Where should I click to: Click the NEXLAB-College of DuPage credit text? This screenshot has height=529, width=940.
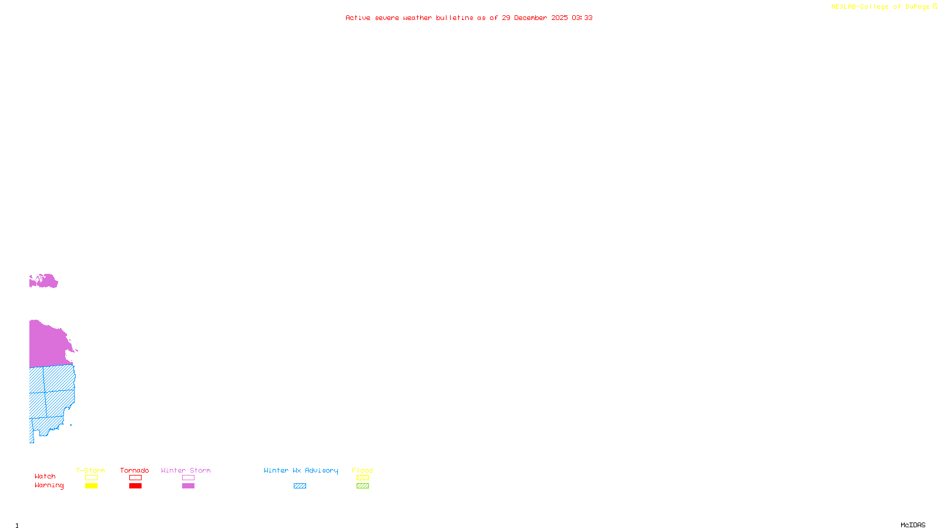click(x=880, y=7)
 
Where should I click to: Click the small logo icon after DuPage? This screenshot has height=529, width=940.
click(x=935, y=6)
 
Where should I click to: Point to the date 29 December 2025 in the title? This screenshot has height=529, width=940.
click(x=535, y=18)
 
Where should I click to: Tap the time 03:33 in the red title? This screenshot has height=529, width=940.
click(x=582, y=18)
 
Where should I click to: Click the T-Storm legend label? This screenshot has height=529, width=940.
click(x=90, y=470)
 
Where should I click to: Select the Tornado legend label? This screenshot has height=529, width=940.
click(x=135, y=470)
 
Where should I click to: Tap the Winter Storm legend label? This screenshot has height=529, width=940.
click(x=186, y=470)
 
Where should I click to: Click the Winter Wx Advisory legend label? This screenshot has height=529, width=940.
click(x=301, y=470)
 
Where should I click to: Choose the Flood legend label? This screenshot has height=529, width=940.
click(x=362, y=470)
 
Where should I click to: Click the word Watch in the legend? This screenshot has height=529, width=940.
click(x=45, y=476)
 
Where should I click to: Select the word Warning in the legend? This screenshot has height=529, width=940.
click(x=49, y=486)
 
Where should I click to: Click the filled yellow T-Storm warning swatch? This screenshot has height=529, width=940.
click(x=91, y=486)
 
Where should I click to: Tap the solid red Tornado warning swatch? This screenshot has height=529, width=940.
click(x=135, y=486)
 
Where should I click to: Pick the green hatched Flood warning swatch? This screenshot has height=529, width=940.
click(x=362, y=486)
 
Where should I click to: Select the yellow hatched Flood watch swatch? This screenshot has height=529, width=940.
click(x=362, y=478)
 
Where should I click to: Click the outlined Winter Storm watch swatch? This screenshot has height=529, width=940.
click(x=188, y=478)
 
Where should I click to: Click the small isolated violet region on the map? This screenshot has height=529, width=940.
click(x=43, y=282)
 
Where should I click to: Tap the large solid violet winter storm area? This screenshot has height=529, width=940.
click(x=48, y=344)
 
